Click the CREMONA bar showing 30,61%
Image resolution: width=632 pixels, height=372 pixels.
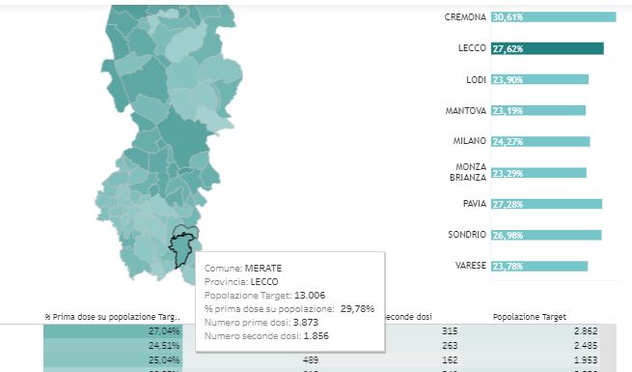[552, 17]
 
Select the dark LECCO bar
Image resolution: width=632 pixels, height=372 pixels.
[546, 48]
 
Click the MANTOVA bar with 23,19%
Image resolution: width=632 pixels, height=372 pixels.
[537, 111]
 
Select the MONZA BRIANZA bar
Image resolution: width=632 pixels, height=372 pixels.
[537, 173]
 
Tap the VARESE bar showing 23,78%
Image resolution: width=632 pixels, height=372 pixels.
[538, 266]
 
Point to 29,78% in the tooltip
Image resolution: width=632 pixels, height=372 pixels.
[357, 309]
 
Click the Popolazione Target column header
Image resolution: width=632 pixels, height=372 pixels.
[529, 316]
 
